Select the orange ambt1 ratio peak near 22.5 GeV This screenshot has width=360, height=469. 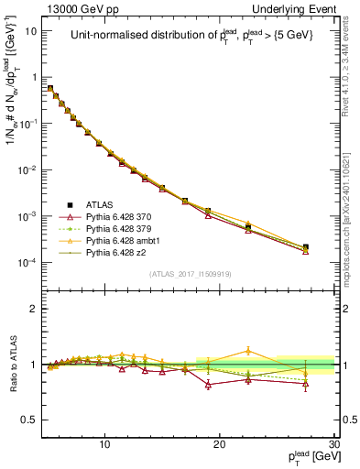[x=248, y=351]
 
